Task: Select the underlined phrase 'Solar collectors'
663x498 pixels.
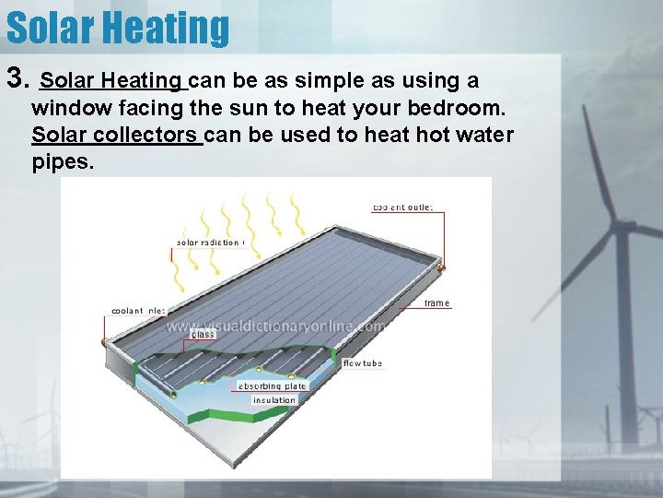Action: tap(116, 135)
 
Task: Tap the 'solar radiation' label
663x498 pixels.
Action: tap(209, 243)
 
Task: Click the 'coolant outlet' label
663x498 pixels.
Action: tap(402, 207)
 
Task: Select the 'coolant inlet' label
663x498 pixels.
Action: tap(139, 311)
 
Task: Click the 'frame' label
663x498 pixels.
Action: tap(436, 303)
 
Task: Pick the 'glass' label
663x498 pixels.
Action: tap(203, 334)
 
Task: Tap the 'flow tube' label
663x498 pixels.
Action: tap(362, 363)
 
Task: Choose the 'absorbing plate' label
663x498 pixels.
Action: tap(272, 386)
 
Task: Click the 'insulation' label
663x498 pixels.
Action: tap(274, 400)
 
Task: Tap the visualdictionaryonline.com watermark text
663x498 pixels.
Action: tap(275, 325)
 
